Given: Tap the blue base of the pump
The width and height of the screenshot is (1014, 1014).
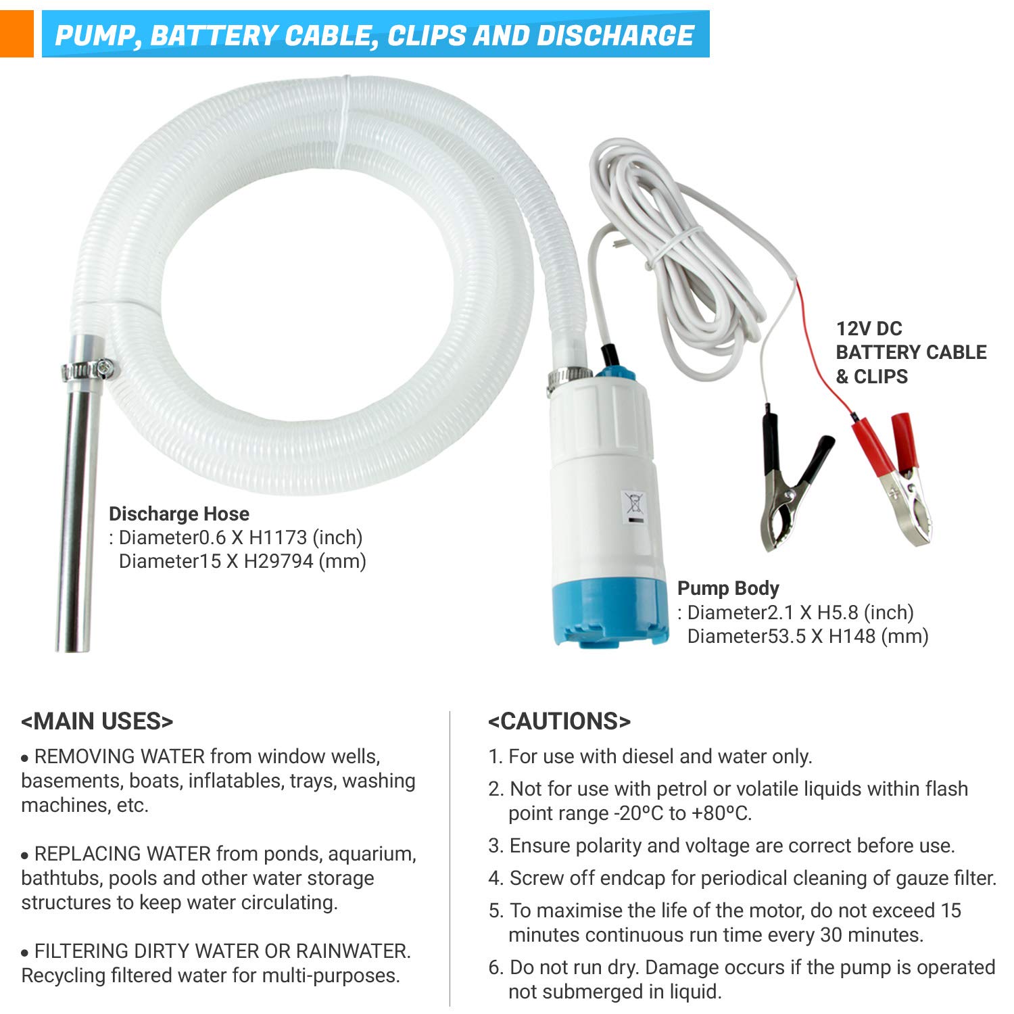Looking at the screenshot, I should tap(608, 612).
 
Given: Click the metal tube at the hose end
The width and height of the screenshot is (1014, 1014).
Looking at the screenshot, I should tap(76, 514).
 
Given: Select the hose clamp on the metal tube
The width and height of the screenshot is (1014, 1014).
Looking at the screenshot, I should tap(88, 370).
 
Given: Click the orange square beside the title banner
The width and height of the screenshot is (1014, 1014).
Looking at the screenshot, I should tap(16, 34).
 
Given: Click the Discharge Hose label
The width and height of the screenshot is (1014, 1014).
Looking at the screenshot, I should tap(179, 514).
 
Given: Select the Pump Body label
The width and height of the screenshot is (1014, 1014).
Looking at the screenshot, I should tap(728, 588).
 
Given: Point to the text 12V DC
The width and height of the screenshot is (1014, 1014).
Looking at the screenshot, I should tap(869, 329).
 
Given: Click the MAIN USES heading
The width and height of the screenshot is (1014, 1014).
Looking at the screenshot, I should tap(97, 721).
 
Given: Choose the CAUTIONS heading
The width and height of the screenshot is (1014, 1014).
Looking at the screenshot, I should tap(559, 721).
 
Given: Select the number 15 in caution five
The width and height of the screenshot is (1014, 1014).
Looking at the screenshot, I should tap(950, 911).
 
